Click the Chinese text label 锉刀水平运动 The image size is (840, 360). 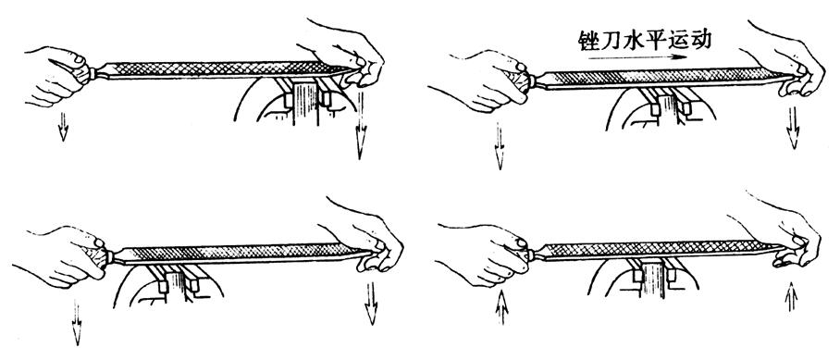coord(645,39)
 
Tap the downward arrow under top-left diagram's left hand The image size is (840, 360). coord(63,127)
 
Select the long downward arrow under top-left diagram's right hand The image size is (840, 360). coord(360,125)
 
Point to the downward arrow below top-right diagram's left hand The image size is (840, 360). coord(500,145)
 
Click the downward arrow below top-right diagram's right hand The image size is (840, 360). coord(793,128)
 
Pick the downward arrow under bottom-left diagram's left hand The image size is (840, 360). coord(77,322)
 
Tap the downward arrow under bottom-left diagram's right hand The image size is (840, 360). coord(371,304)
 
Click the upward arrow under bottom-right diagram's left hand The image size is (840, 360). coord(501,307)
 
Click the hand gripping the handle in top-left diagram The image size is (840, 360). coord(56,74)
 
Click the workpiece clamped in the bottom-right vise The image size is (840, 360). coord(653,278)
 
